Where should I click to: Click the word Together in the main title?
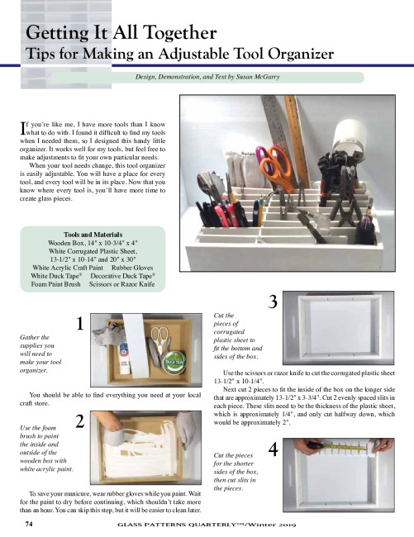click(x=180, y=33)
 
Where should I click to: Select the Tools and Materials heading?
click(x=93, y=235)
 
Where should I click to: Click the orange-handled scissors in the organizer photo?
click(x=276, y=168)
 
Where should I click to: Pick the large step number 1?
click(x=80, y=324)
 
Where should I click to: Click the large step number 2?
click(x=80, y=421)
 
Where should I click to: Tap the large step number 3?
click(x=273, y=302)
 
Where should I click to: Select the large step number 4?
click(x=273, y=449)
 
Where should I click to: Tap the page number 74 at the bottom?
click(x=29, y=524)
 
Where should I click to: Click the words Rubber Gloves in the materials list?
click(x=132, y=268)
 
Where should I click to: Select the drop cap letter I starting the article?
click(x=22, y=128)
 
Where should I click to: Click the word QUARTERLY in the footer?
click(x=215, y=525)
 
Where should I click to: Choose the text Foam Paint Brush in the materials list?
click(x=56, y=284)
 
